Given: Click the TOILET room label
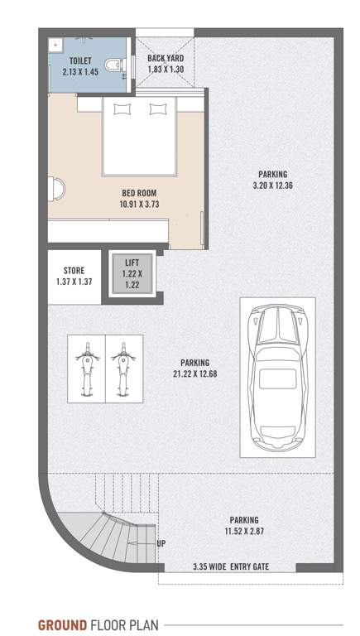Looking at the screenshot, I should [x=81, y=66].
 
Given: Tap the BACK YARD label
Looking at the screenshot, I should [x=166, y=65].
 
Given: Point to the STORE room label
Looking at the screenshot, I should [x=74, y=276].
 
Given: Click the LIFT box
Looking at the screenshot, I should [x=132, y=272].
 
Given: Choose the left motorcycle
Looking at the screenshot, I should [x=85, y=368].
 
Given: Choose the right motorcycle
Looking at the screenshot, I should [x=122, y=368].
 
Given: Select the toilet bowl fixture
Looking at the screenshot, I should [x=115, y=64].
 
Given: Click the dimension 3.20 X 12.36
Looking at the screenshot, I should [x=272, y=180].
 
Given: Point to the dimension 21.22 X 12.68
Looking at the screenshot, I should [x=195, y=368].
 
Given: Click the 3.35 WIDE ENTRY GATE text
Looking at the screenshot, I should [x=231, y=567].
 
